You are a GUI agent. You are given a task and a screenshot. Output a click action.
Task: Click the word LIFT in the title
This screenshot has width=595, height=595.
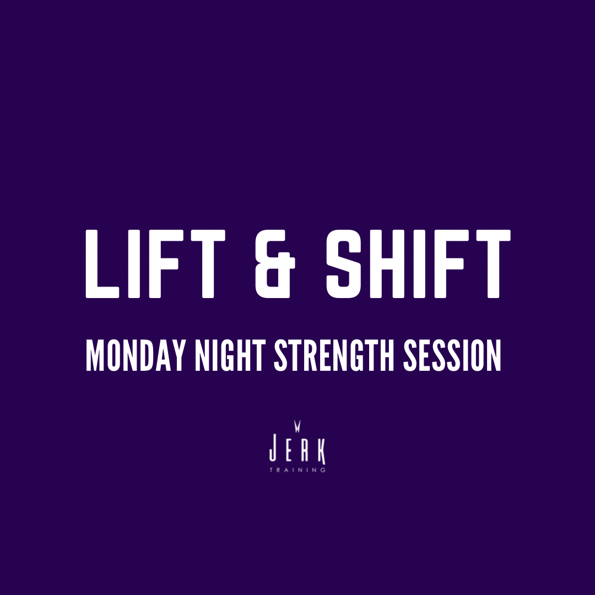(x=155, y=264)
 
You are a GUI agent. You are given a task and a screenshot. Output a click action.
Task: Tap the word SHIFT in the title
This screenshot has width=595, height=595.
(x=418, y=264)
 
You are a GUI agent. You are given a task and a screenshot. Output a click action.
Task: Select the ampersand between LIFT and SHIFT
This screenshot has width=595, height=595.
(x=275, y=264)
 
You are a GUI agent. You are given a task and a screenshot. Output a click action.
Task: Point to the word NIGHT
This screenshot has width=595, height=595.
(x=230, y=355)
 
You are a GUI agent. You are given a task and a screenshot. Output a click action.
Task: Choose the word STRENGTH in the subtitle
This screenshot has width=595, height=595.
(x=334, y=355)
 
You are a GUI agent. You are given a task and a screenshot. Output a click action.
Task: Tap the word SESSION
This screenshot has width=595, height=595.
(x=452, y=355)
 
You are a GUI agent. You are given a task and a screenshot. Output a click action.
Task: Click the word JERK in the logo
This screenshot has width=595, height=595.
(x=297, y=451)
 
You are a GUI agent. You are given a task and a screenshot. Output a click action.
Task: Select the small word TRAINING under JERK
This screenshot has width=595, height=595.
(x=297, y=470)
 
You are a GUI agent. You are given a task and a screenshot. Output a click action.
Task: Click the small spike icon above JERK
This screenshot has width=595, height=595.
(x=297, y=426)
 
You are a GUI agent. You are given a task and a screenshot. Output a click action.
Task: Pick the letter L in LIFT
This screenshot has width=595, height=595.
(x=102, y=264)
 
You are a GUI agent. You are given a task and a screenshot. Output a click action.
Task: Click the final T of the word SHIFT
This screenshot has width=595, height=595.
(x=493, y=264)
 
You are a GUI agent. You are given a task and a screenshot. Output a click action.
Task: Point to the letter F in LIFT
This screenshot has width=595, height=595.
(x=164, y=264)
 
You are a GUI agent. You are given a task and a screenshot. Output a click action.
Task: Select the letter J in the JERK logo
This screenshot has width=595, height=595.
(x=273, y=451)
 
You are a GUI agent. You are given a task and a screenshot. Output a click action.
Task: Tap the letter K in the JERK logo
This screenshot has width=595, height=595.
(x=322, y=452)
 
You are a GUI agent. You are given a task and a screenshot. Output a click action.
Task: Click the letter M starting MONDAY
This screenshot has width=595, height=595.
(x=95, y=355)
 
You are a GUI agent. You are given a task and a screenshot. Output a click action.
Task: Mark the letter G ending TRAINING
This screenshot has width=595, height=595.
(x=323, y=470)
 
